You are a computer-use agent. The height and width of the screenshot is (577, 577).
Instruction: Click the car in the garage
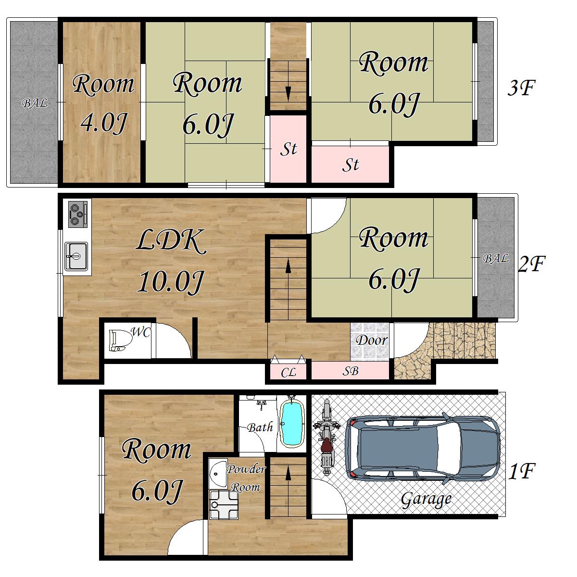[423, 448]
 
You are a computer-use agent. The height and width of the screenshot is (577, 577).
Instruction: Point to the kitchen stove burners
[78, 214]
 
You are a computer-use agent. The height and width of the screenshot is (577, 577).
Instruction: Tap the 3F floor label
[521, 88]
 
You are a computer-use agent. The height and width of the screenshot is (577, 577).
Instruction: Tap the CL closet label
[288, 373]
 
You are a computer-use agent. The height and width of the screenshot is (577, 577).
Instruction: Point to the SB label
[351, 371]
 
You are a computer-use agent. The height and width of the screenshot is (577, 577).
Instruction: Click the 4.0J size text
[104, 123]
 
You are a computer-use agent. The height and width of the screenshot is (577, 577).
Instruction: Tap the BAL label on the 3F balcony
[35, 103]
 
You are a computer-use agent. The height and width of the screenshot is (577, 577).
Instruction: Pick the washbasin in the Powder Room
[219, 474]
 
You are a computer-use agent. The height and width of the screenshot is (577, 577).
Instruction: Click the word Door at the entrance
[372, 340]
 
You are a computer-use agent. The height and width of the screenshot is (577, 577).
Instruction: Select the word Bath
[260, 427]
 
